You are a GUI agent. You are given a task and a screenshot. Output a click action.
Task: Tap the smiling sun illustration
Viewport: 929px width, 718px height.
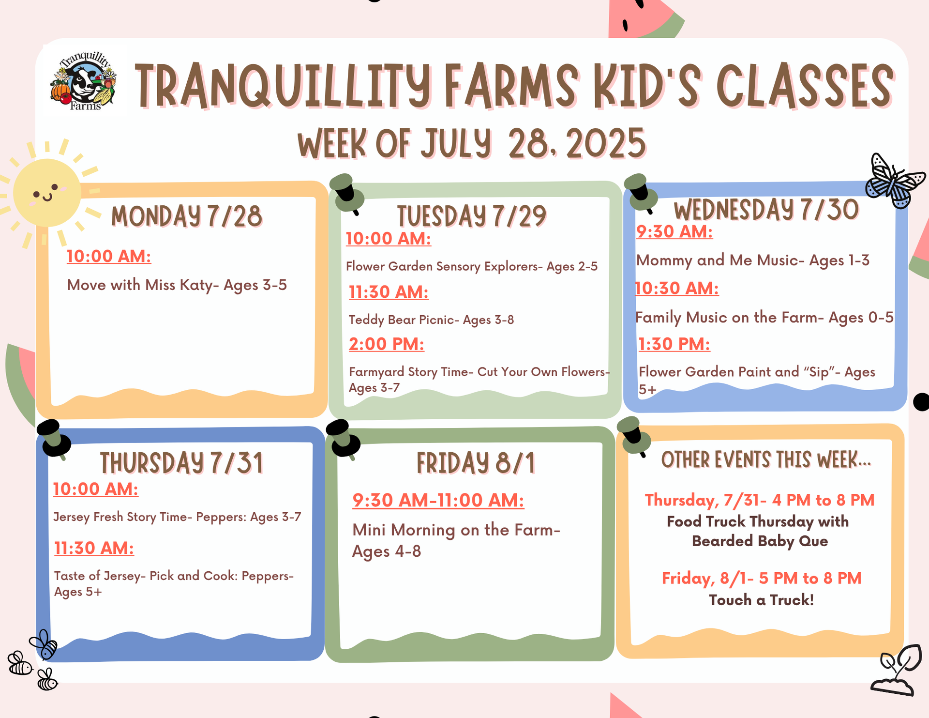click(47, 193)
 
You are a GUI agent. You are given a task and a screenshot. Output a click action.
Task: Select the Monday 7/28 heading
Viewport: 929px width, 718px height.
click(187, 216)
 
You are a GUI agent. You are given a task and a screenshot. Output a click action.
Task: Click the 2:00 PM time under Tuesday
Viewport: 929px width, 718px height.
click(387, 344)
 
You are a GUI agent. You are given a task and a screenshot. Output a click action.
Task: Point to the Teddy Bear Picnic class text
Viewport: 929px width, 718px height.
click(431, 320)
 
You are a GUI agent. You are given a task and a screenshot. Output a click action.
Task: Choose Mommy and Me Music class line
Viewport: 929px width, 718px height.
click(753, 260)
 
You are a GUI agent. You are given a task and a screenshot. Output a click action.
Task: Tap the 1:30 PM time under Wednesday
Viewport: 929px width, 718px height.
click(674, 344)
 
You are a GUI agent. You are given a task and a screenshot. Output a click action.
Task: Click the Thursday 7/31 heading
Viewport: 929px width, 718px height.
click(182, 463)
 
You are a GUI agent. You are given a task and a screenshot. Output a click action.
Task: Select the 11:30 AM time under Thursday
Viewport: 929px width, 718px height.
click(94, 548)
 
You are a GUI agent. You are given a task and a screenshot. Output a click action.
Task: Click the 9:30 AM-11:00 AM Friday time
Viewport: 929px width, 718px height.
click(438, 500)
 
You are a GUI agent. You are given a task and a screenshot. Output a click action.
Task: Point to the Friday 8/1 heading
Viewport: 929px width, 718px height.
click(476, 463)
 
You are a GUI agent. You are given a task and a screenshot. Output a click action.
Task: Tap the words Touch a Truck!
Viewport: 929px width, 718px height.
click(762, 600)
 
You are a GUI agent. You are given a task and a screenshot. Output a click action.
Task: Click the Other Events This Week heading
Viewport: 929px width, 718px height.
click(766, 459)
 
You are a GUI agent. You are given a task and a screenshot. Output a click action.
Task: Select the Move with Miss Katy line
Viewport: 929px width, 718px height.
click(177, 285)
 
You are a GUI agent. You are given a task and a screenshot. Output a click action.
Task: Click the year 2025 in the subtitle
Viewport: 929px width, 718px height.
click(606, 144)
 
